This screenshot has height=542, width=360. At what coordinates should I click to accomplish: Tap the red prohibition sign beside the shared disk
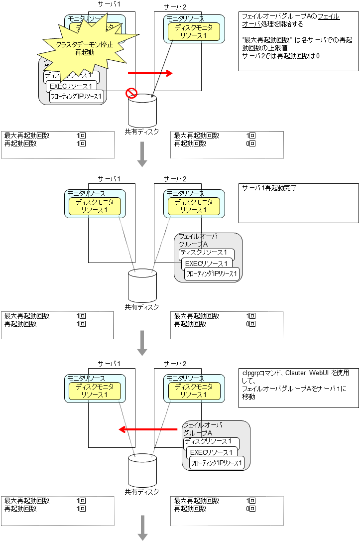[x=130, y=93]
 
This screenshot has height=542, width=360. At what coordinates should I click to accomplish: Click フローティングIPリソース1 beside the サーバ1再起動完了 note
[x=212, y=273]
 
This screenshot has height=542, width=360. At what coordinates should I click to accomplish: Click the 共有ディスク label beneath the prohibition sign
[x=142, y=132]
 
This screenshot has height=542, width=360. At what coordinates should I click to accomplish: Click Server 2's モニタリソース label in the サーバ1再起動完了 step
[x=185, y=193]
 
